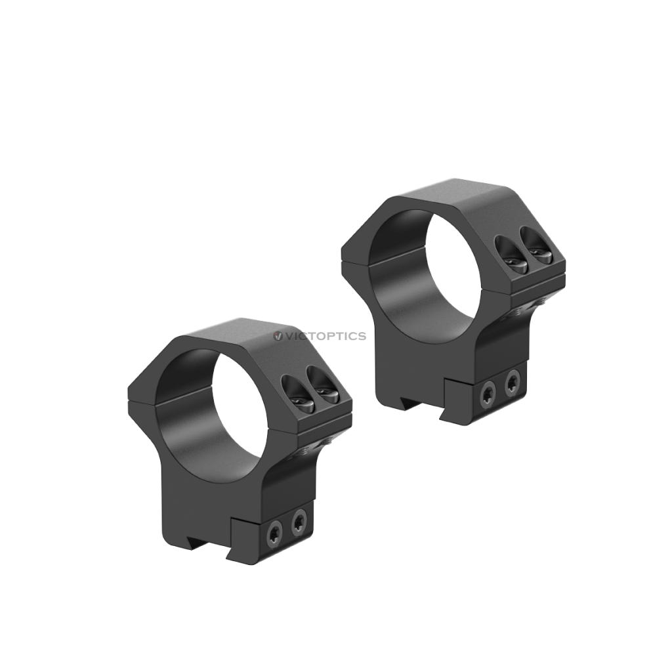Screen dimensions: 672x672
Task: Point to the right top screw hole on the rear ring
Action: pyautogui.click(x=535, y=244)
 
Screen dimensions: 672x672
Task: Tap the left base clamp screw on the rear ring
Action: pyautogui.click(x=488, y=394)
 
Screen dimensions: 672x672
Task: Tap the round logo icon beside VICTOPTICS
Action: pyautogui.click(x=278, y=336)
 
